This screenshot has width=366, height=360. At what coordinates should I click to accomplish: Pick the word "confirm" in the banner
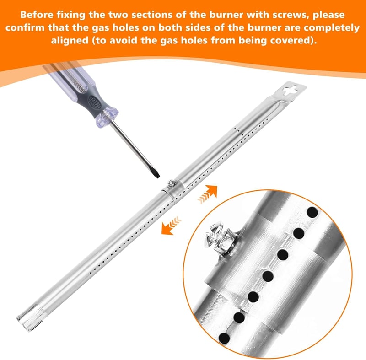(26, 28)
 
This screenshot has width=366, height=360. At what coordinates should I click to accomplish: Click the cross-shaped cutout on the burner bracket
(290, 90)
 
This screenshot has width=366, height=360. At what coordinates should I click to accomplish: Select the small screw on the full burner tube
(171, 183)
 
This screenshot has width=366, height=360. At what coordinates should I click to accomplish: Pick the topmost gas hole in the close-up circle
(312, 212)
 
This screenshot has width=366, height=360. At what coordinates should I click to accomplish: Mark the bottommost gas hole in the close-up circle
(224, 338)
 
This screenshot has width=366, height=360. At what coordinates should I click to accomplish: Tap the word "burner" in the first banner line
(226, 15)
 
